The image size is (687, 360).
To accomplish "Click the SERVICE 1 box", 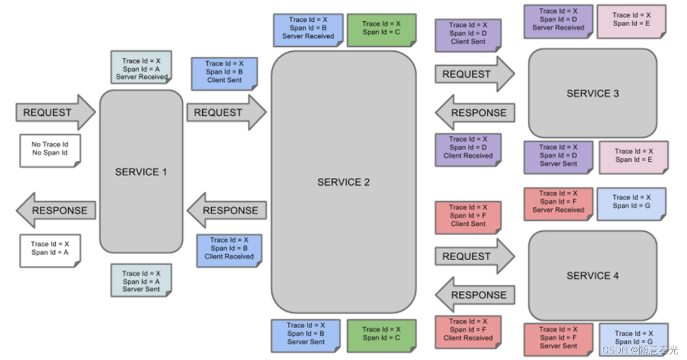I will pos(141,172).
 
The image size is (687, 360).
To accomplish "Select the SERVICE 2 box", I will pos(343,182).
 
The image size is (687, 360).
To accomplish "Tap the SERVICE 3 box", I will pos(592,93).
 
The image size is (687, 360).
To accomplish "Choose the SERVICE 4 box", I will pos(592,275).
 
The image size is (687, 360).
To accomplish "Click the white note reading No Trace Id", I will pos(50,149).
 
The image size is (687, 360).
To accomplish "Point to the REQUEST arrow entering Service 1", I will pos(55,112).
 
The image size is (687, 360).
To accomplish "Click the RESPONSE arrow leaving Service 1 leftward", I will pos(56,211).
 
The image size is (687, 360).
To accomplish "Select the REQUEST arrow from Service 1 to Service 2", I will pos(226,112).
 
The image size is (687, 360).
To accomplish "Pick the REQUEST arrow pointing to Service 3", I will pos(474,74).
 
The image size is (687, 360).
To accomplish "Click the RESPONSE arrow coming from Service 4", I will pos(475,295).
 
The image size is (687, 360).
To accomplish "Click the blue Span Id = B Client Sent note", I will pos(224,72).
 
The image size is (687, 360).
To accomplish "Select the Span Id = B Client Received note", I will pos(229,249).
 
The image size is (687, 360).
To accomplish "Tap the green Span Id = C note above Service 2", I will pos(381,30).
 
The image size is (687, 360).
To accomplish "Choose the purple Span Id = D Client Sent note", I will pos(468,34).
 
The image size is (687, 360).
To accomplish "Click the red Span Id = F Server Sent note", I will pos(558,338).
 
